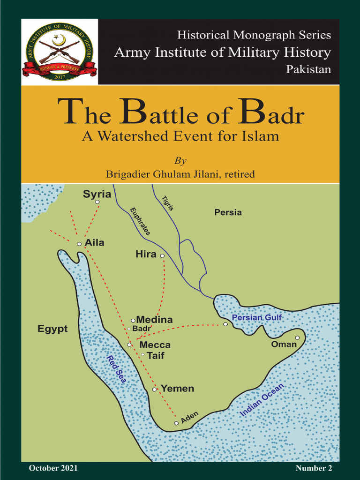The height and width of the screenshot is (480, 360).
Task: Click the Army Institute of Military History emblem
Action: pyautogui.click(x=59, y=52)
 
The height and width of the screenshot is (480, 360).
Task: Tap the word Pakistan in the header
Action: pyautogui.click(x=308, y=69)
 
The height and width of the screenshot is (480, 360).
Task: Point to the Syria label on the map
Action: pyautogui.click(x=97, y=194)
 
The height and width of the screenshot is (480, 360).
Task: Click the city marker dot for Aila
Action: pyautogui.click(x=79, y=244)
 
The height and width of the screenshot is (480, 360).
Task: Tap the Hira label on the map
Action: pyautogui.click(x=146, y=255)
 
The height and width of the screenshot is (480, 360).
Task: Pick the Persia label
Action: pyautogui.click(x=228, y=212)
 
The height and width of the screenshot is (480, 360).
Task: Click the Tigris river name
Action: pyautogui.click(x=168, y=202)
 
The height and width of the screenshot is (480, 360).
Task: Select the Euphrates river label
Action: pyautogui.click(x=140, y=221)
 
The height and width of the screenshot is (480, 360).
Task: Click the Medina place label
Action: pyautogui.click(x=154, y=320)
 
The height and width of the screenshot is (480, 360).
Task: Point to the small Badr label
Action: pyautogui.click(x=142, y=329)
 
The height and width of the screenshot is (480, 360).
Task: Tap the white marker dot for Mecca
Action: pyautogui.click(x=129, y=345)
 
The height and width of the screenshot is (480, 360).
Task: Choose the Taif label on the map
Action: pyautogui.click(x=156, y=355)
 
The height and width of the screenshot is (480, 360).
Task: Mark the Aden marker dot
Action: pyautogui.click(x=176, y=423)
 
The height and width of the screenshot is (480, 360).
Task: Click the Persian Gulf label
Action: pyautogui.click(x=257, y=318)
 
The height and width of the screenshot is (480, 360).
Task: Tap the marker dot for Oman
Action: pyautogui.click(x=297, y=337)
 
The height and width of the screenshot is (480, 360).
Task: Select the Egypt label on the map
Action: pyautogui.click(x=52, y=329)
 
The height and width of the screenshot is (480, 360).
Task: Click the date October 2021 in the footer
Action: pyautogui.click(x=53, y=468)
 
